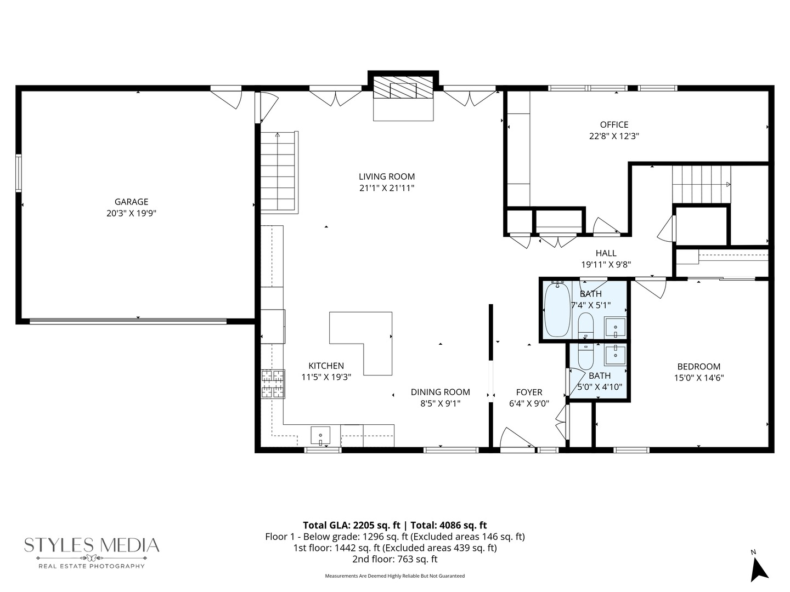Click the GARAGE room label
(x=131, y=202)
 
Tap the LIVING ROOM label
(x=387, y=177)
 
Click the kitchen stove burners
(x=273, y=384)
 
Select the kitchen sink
(x=320, y=436)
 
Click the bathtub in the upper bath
(x=557, y=309)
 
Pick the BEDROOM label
(x=698, y=367)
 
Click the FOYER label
(x=529, y=392)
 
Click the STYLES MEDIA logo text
(x=92, y=545)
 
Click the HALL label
(x=606, y=253)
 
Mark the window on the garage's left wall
(x=19, y=173)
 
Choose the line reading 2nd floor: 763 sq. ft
(x=394, y=560)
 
